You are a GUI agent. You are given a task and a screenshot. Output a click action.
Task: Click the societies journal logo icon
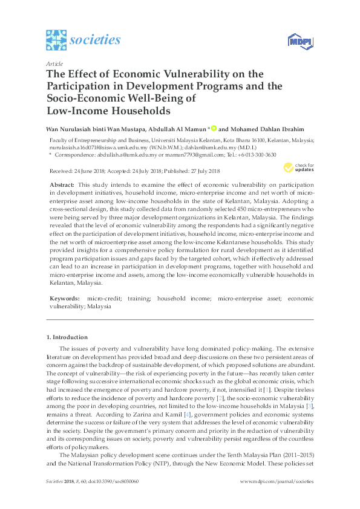(x=56, y=40)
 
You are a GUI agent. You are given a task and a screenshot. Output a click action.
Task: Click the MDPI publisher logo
(x=299, y=41)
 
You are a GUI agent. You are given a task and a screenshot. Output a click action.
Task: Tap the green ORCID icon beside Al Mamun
(x=214, y=128)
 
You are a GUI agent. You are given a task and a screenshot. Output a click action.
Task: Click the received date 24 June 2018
(x=89, y=172)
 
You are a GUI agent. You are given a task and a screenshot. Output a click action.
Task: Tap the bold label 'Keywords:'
(x=64, y=299)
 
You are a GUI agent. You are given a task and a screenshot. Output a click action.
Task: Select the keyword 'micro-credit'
(x=103, y=299)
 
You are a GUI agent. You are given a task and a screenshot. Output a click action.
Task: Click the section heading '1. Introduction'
(x=67, y=337)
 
